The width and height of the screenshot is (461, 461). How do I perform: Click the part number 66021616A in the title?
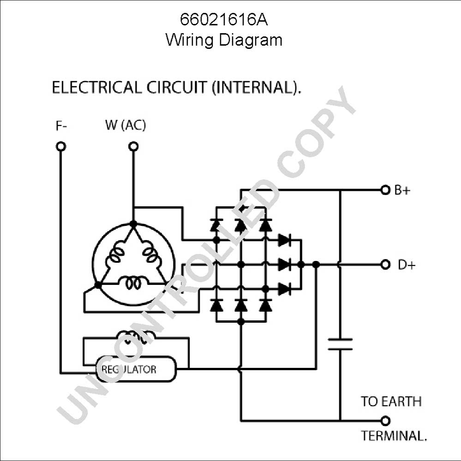click(x=224, y=20)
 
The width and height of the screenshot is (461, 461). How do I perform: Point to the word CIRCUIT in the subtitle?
click(x=176, y=87)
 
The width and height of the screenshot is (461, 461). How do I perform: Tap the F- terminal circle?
click(x=61, y=147)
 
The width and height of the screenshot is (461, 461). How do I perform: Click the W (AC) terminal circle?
click(x=133, y=147)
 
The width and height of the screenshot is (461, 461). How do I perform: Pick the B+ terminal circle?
click(x=385, y=190)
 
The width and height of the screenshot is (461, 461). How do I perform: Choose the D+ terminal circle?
click(x=385, y=265)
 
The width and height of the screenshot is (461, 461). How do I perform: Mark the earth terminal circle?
click(x=385, y=421)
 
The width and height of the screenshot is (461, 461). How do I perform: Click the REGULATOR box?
click(x=136, y=369)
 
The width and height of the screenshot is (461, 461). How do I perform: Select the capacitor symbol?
click(x=340, y=344)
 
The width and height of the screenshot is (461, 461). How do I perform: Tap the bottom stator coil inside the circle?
click(x=133, y=283)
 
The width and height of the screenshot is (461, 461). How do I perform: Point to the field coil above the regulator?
click(x=136, y=337)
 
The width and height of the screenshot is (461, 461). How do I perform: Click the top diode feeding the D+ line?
click(x=284, y=240)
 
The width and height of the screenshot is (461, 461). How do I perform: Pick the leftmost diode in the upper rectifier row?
click(x=216, y=226)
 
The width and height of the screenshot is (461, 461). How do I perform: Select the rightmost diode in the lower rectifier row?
click(x=265, y=306)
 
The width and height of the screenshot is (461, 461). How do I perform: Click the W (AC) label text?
click(x=126, y=125)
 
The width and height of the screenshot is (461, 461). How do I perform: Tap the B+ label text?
click(x=402, y=190)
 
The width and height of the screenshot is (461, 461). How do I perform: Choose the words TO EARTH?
click(x=391, y=402)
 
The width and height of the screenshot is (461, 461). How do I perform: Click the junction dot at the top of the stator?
click(x=133, y=224)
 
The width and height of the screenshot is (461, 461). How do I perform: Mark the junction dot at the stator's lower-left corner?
click(x=98, y=285)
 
